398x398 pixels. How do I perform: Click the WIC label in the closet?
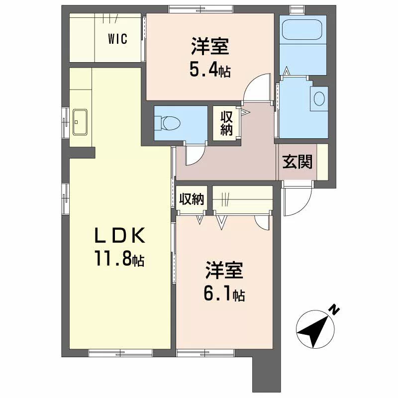tap(117, 39)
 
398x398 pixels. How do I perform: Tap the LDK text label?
tap(120, 235)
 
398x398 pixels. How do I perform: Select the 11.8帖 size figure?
tap(119, 258)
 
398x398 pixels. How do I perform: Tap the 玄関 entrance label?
tap(297, 162)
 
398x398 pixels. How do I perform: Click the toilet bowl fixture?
tap(168, 123)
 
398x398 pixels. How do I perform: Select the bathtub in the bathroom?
tap(302, 29)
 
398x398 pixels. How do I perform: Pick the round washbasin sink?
tap(319, 99)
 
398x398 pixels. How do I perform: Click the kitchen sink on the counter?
tap(80, 122)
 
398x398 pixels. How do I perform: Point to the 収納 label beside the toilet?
tap(226, 123)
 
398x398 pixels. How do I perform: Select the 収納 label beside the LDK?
tap(192, 199)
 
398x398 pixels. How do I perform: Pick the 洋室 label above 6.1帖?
tap(224, 270)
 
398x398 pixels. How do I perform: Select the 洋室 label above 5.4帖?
tap(210, 46)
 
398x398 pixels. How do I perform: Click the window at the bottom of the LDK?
tap(120, 353)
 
